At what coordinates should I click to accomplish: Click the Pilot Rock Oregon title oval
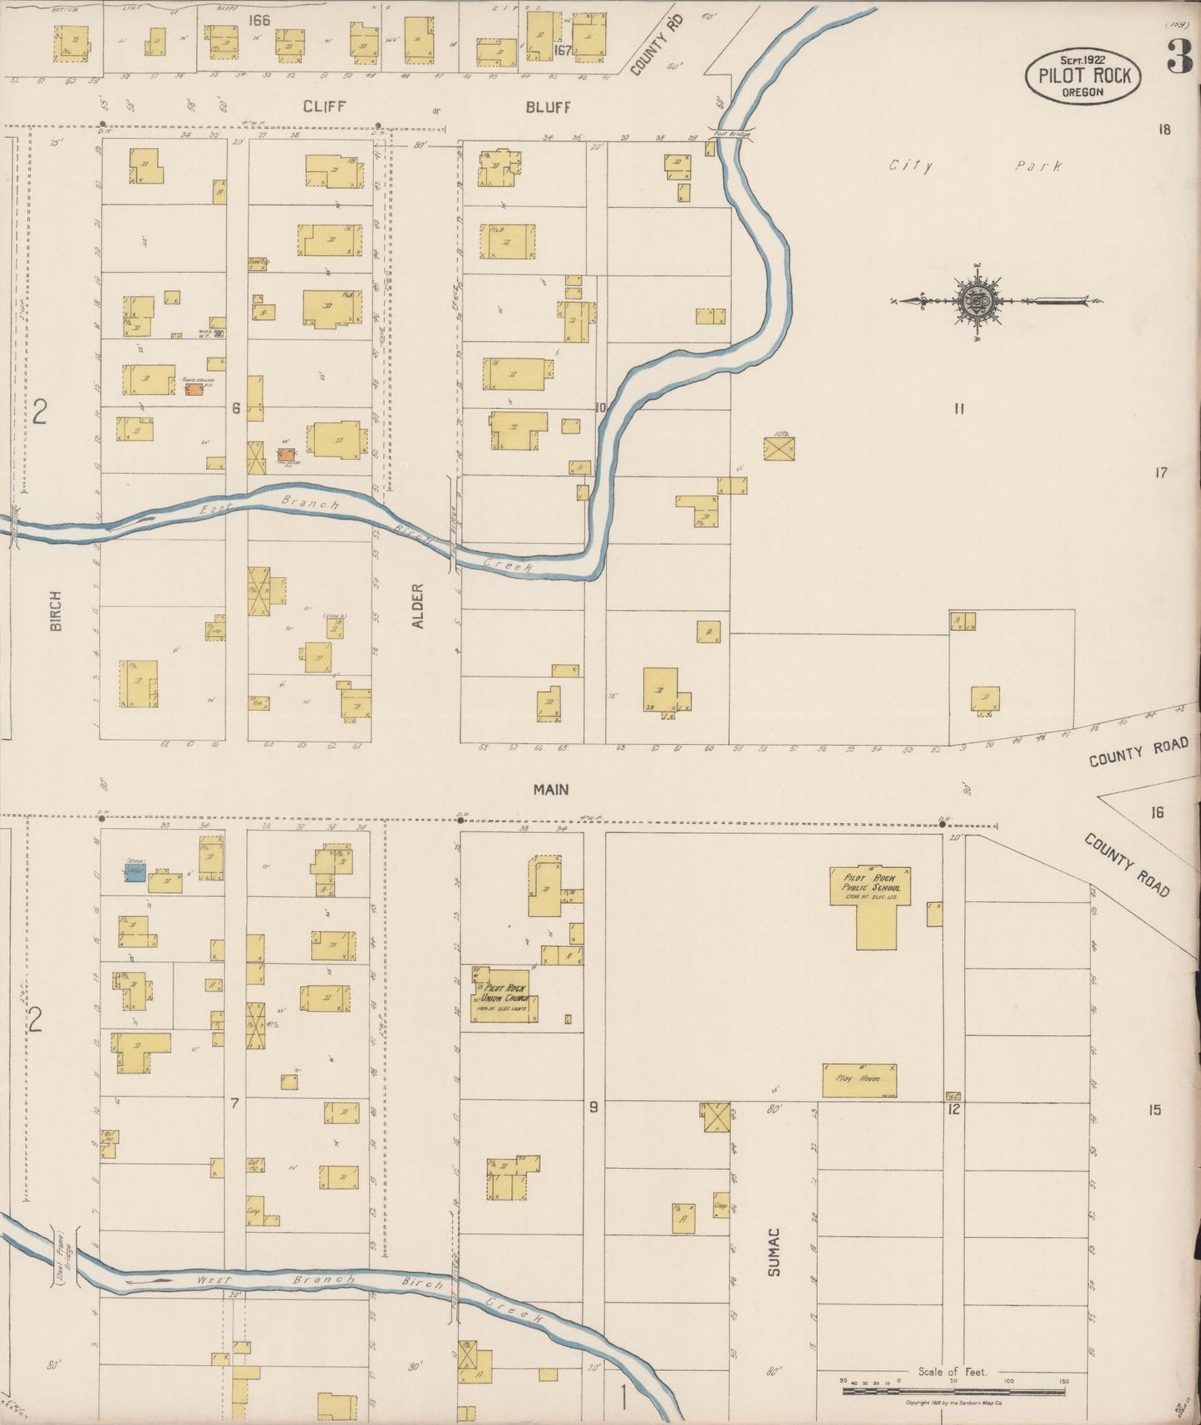click(1082, 76)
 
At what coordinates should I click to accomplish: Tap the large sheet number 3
click(1178, 57)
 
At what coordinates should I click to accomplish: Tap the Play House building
click(859, 1079)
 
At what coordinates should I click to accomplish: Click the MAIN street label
click(551, 789)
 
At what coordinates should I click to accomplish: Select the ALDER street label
click(417, 605)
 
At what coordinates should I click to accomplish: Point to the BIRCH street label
click(56, 610)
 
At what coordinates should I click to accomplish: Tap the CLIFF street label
click(324, 106)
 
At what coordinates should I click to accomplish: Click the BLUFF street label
click(548, 106)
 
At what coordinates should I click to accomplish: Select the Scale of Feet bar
click(953, 1384)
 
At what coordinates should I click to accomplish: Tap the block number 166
click(258, 20)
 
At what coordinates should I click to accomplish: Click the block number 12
click(953, 1109)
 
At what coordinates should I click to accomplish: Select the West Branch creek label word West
click(213, 1281)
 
